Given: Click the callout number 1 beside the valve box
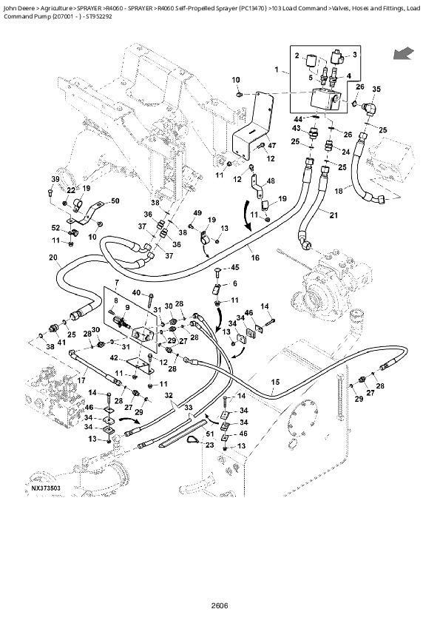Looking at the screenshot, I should click(x=277, y=70).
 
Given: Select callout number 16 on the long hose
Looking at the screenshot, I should click(x=255, y=257).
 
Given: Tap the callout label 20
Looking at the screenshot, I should click(x=53, y=257).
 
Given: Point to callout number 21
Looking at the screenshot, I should click(x=333, y=215).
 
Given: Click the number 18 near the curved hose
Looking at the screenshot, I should click(x=339, y=191).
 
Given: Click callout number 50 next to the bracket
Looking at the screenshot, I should click(x=115, y=201).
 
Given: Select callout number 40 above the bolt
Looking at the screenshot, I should click(x=136, y=294).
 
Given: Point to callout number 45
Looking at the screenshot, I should click(x=235, y=267).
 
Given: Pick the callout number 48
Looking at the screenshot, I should click(x=271, y=181).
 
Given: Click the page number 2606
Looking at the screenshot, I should click(x=218, y=606).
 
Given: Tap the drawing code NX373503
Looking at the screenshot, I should click(x=46, y=488).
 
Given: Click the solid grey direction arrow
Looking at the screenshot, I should click(x=403, y=53).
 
